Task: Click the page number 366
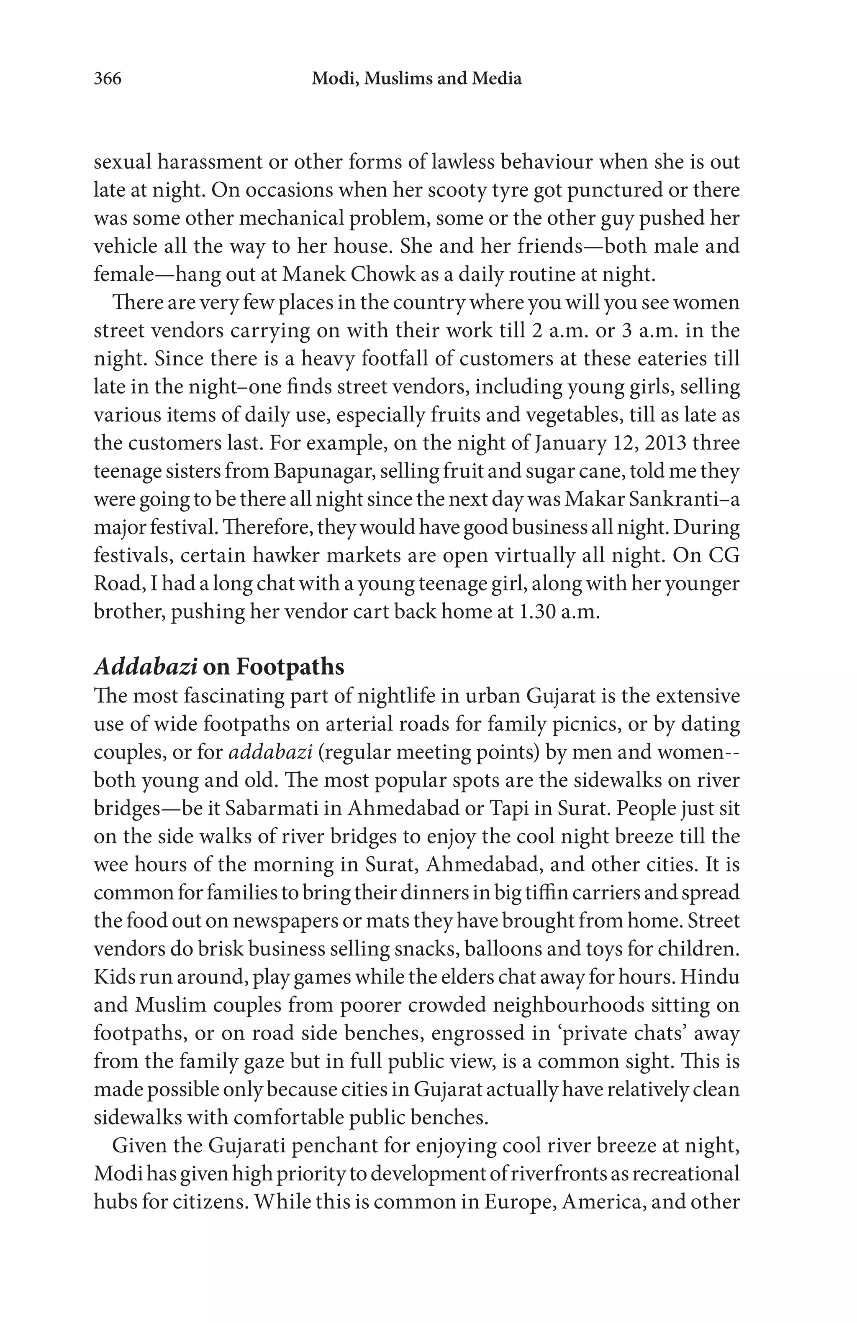point(107,79)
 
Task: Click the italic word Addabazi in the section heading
point(145,667)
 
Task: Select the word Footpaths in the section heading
point(290,667)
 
